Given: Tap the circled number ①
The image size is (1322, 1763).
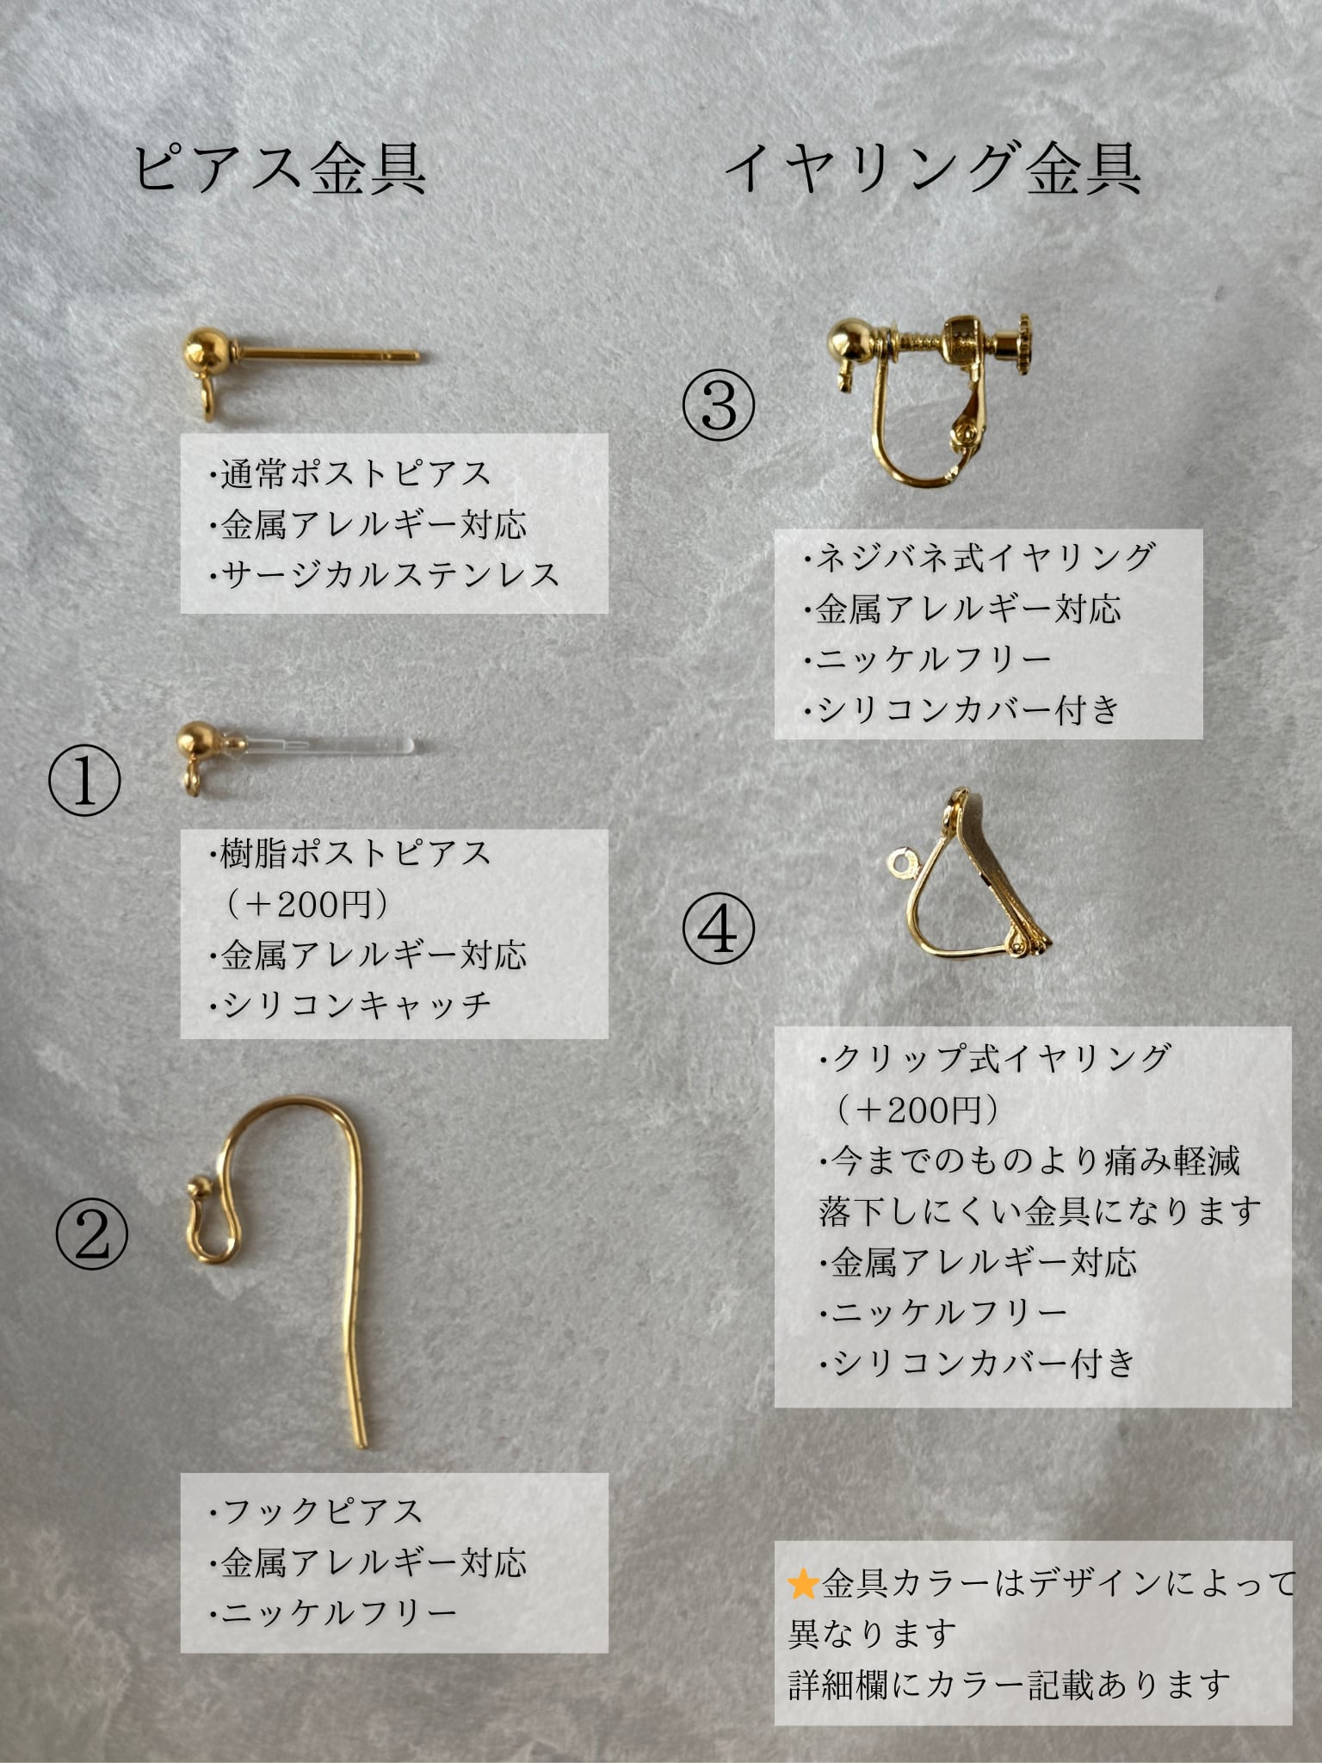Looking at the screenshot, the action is point(84,781).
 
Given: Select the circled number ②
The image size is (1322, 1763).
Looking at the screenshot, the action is point(92,1236).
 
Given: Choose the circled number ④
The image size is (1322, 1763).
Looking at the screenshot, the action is point(720,930).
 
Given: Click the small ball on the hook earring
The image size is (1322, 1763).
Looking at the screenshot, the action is point(198,1190).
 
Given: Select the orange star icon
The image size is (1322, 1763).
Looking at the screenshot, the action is point(802,1584).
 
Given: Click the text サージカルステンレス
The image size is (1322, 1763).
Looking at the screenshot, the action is point(390,574).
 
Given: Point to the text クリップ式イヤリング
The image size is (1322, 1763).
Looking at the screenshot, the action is point(1001,1057).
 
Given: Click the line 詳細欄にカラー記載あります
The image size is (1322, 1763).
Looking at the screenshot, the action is point(1009,1685).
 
